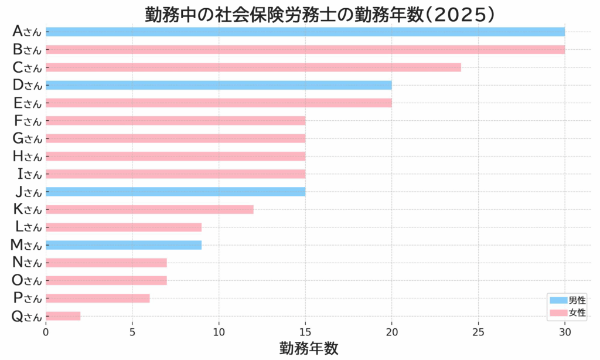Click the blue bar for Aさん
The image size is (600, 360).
click(x=305, y=32)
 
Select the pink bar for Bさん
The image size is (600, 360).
click(x=305, y=49)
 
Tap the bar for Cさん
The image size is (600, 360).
click(x=253, y=67)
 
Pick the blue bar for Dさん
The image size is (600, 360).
click(x=219, y=85)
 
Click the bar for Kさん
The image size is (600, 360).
click(x=149, y=209)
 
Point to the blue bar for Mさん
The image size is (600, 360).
click(x=124, y=245)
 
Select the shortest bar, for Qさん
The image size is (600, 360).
click(x=63, y=316)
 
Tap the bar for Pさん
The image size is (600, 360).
click(x=98, y=298)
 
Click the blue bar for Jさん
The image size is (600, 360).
click(x=175, y=192)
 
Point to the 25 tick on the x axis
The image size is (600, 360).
click(x=479, y=331)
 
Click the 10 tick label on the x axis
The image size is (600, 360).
click(x=219, y=331)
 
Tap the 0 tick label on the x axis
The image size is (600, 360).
click(x=46, y=331)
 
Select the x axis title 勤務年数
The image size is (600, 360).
click(x=309, y=348)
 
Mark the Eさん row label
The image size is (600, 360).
click(x=27, y=103)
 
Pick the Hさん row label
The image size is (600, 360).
click(x=27, y=157)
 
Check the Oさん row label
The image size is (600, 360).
click(x=27, y=281)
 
